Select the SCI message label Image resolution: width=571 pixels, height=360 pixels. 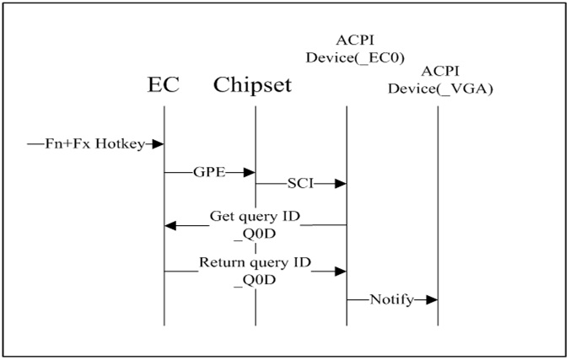[x=299, y=183]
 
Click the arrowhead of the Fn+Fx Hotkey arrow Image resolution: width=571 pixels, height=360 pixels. [x=158, y=144]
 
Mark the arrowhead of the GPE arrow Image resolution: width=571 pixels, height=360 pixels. [x=250, y=172]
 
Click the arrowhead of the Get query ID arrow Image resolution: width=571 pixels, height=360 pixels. [x=170, y=225]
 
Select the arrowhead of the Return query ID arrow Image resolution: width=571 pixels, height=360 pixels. [x=341, y=271]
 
